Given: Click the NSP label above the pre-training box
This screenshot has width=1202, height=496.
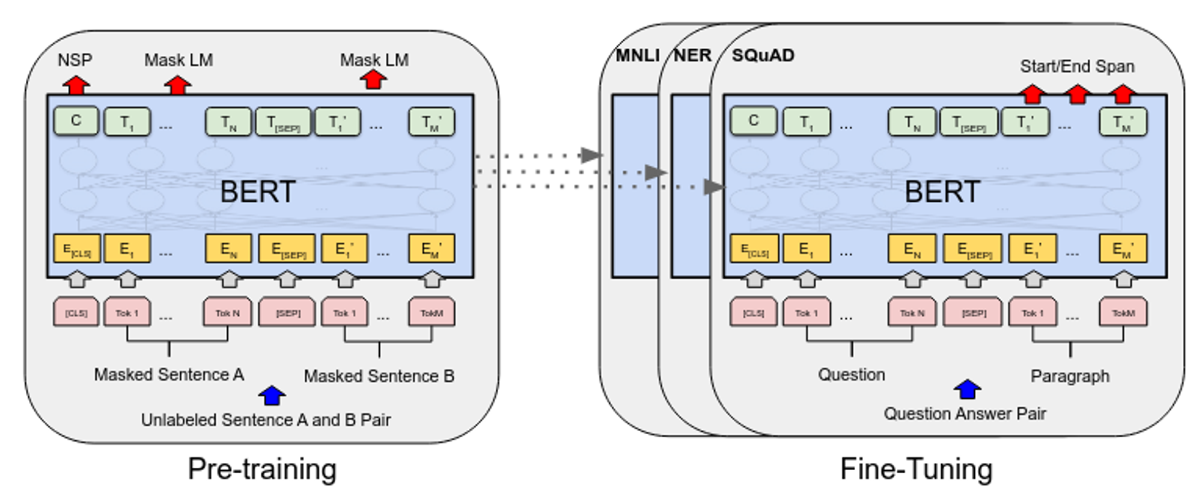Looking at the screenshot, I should [75, 60].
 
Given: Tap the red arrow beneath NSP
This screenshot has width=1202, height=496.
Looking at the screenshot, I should [76, 85].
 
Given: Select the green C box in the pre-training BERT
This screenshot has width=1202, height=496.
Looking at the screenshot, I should [76, 121].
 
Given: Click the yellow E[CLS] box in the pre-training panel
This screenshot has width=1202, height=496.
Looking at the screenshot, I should [76, 249].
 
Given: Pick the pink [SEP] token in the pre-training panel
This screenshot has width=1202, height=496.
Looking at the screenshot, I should [287, 313].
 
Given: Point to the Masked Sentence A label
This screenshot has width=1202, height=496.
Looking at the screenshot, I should [169, 375].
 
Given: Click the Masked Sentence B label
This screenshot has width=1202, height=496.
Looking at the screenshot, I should [379, 376].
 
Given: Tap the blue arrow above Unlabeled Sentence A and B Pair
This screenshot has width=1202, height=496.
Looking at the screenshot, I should [272, 396].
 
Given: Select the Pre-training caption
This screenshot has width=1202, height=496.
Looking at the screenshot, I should [262, 469].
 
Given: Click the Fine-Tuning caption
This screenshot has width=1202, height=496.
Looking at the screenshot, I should [916, 469].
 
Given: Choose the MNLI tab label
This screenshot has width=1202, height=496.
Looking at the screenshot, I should [637, 55].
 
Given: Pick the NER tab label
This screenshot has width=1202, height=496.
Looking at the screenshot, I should [692, 55].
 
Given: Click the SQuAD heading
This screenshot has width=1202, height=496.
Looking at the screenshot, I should [763, 55].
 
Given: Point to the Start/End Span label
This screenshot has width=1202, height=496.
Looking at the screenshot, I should [1077, 66].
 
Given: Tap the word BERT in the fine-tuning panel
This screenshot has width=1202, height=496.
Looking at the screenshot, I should [942, 192].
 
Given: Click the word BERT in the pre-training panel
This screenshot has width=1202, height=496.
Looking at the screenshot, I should [257, 192].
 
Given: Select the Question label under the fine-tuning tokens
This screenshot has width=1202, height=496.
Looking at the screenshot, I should [851, 375].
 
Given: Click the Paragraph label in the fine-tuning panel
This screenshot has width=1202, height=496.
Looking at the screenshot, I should [1070, 376].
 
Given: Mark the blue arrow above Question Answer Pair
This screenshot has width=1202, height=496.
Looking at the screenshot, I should [967, 389].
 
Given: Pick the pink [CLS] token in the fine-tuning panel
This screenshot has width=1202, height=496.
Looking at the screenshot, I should [754, 313].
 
